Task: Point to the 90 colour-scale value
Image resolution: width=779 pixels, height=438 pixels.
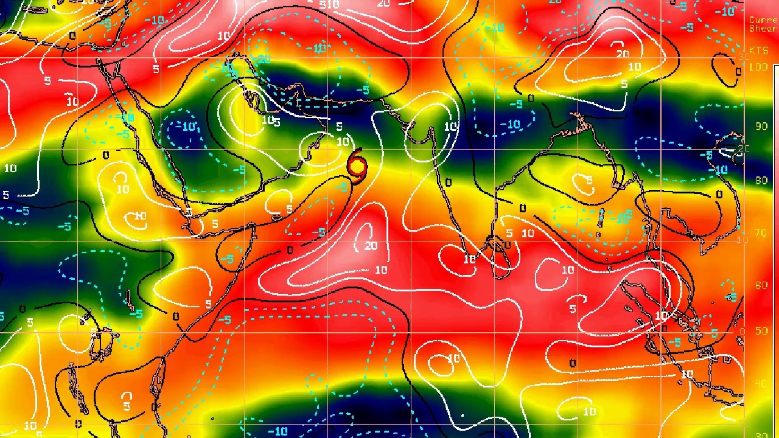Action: click(x=761, y=126)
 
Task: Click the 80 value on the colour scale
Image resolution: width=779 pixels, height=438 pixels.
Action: click(x=761, y=181)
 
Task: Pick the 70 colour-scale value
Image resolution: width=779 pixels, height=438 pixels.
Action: click(x=761, y=233)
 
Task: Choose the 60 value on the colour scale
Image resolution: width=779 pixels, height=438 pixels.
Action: click(x=761, y=285)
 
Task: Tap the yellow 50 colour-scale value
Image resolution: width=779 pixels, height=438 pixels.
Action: click(x=761, y=331)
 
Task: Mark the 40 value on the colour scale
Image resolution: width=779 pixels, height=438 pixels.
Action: click(x=761, y=383)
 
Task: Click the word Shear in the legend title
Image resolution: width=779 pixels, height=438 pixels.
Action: click(x=763, y=29)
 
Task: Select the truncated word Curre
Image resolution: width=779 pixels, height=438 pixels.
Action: click(x=763, y=20)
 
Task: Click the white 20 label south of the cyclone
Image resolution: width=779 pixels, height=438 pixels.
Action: click(x=371, y=246)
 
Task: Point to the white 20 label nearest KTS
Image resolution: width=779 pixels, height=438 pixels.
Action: click(x=622, y=54)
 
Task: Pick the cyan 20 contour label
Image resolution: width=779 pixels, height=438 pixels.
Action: click(x=264, y=59)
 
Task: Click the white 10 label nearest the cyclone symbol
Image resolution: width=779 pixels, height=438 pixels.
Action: click(x=343, y=142)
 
